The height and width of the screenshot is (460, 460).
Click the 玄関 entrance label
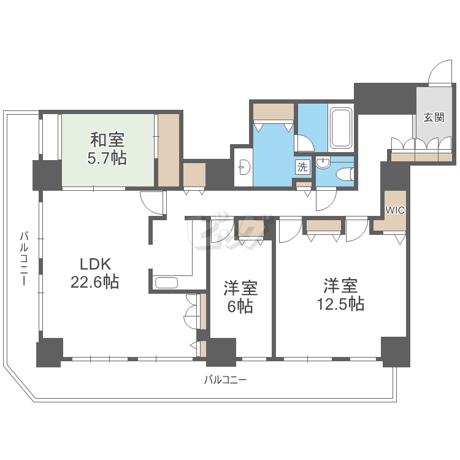pyautogui.click(x=434, y=118)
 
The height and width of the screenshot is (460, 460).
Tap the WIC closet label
pyautogui.click(x=394, y=210)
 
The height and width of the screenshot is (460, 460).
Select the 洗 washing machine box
pyautogui.click(x=303, y=166)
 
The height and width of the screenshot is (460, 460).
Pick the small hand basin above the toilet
pyautogui.click(x=323, y=163)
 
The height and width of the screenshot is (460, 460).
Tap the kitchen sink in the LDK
pyautogui.click(x=166, y=283)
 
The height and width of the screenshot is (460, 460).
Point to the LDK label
pyautogui.click(x=95, y=264)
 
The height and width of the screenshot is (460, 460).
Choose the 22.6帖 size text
pyautogui.click(x=95, y=283)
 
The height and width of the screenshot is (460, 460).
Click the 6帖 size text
pyautogui.click(x=240, y=306)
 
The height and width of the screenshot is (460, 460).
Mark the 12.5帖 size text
pyautogui.click(x=340, y=304)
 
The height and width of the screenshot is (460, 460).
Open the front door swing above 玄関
pyautogui.click(x=439, y=74)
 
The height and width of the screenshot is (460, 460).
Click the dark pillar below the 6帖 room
pyautogui.click(x=221, y=352)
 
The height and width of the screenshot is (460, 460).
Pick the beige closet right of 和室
pyautogui.click(x=168, y=150)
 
